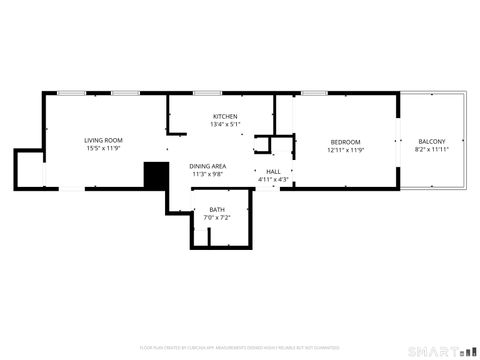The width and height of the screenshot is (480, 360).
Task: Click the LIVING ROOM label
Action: coord(103,140)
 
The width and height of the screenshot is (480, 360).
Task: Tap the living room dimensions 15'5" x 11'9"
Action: coord(103,149)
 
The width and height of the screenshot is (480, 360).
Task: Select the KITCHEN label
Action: coord(224,116)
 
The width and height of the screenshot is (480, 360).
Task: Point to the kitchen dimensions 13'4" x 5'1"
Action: coord(224,125)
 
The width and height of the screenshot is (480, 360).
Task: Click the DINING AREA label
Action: coord(208,166)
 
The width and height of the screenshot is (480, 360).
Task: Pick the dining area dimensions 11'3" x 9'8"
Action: coord(208,174)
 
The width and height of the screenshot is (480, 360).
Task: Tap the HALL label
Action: coord(273,172)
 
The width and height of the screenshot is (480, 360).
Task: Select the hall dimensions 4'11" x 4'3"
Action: coord(273,180)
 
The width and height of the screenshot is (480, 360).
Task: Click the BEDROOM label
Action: coord(345,142)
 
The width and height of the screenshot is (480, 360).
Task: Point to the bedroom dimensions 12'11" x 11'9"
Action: coord(345,151)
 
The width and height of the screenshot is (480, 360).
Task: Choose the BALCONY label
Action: coord(432,142)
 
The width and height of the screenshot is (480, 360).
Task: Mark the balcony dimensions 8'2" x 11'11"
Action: coord(432,151)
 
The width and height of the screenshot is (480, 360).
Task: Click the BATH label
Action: coord(217,209)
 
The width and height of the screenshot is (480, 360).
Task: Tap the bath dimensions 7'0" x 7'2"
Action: coord(217,217)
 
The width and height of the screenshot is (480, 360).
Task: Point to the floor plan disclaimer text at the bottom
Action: coord(239,347)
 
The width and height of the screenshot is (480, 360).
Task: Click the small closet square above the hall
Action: coord(264,143)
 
